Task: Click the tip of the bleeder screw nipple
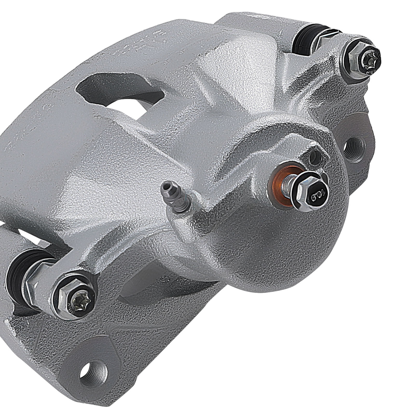pos(164,185)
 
